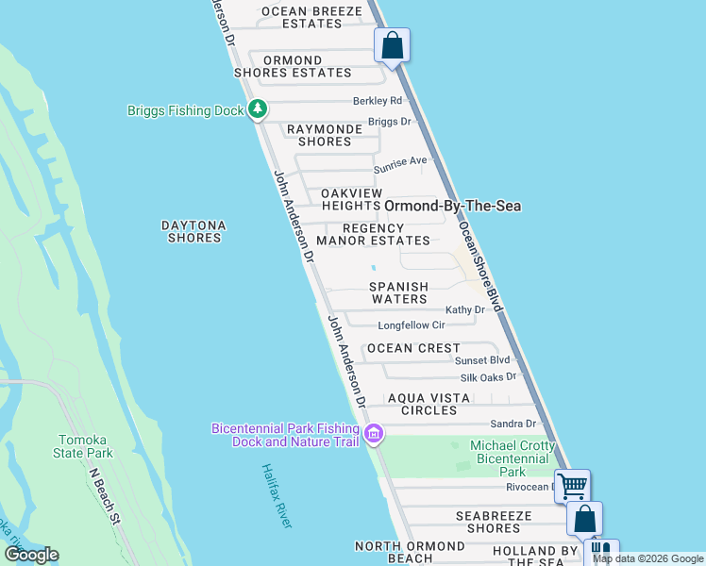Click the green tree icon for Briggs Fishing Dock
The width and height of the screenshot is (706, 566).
point(258,110)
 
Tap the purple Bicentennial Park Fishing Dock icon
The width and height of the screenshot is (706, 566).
point(374,435)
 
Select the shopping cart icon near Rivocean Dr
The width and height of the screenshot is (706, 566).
point(572,487)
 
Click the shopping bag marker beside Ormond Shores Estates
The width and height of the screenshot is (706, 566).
point(392,45)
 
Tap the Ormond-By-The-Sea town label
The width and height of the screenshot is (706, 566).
point(452,206)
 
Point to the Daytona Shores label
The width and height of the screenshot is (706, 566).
point(193,231)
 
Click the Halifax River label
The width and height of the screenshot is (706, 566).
point(277,495)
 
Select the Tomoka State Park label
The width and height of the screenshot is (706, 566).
point(86,446)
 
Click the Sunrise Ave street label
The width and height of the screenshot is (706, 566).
point(400,164)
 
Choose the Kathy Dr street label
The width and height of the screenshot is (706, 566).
point(464,309)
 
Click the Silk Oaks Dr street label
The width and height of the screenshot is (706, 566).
point(487,376)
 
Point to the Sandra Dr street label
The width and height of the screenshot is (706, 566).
point(513,424)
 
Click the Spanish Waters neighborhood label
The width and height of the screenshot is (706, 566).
point(398,292)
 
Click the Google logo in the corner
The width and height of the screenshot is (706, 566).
point(31,555)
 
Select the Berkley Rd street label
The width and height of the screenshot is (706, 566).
point(378,101)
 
